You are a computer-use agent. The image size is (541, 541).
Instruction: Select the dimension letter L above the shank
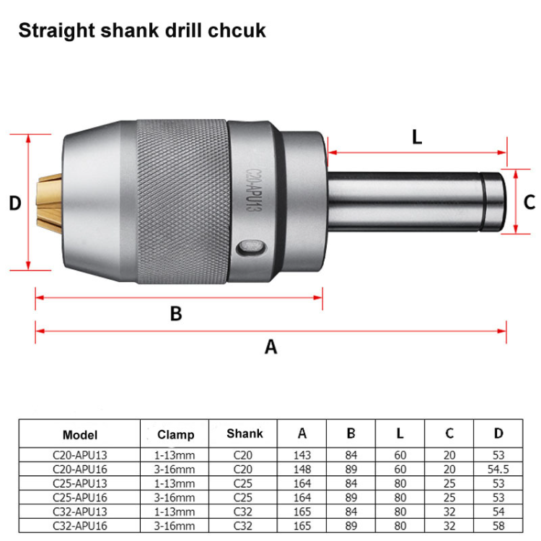click(416, 137)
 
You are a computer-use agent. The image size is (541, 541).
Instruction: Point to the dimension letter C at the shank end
click(528, 201)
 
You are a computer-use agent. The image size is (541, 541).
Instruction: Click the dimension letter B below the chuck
click(175, 314)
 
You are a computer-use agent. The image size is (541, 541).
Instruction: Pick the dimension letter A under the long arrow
click(270, 347)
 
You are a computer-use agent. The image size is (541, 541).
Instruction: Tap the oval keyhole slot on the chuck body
click(250, 248)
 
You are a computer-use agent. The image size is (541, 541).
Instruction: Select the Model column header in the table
click(79, 435)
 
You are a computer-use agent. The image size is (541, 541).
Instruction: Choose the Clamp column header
click(176, 435)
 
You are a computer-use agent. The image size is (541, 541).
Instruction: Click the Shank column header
click(245, 434)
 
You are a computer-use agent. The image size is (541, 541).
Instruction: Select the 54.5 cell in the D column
click(498, 469)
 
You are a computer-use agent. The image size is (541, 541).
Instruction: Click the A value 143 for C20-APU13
click(303, 455)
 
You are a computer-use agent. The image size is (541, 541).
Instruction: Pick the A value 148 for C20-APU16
click(303, 469)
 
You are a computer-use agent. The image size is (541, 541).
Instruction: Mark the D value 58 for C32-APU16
click(498, 526)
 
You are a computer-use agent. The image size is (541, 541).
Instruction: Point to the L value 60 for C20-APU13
click(400, 455)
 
